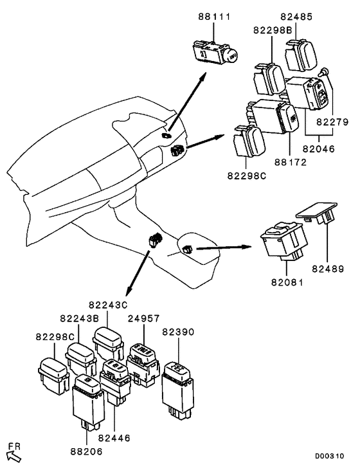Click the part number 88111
[x=214, y=16]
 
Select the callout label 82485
[x=296, y=16]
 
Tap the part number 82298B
[x=273, y=30]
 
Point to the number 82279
[x=333, y=122]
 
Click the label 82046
[x=319, y=149]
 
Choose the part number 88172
[x=291, y=162]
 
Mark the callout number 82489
[x=328, y=269]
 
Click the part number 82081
[x=287, y=282]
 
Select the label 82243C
[x=108, y=305]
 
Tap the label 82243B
[x=80, y=318]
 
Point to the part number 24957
[x=144, y=318]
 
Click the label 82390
[x=178, y=332]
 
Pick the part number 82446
[x=114, y=438]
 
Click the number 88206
[x=87, y=451]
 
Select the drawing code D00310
[x=329, y=456]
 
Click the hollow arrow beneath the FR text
[x=14, y=456]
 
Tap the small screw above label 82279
[x=324, y=72]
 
